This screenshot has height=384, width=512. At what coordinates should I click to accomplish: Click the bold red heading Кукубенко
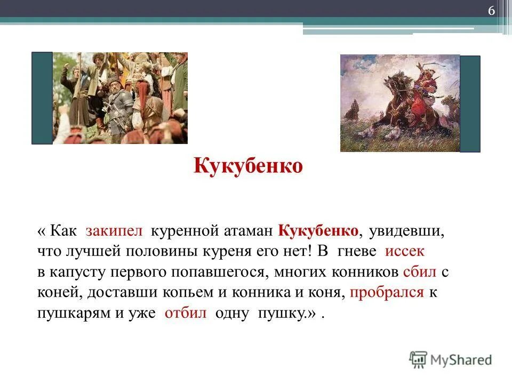coord(248,166)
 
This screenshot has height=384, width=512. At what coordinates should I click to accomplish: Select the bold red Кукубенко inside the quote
coord(317,231)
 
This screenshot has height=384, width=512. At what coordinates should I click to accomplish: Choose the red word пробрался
coord(388,292)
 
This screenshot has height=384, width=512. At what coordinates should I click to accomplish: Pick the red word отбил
coord(185,313)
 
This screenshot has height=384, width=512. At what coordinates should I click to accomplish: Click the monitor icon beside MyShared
coord(418,358)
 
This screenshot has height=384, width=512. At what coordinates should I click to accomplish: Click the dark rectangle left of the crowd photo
coord(42,98)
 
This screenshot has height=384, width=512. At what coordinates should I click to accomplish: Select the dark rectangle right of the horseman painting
coord(470,104)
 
